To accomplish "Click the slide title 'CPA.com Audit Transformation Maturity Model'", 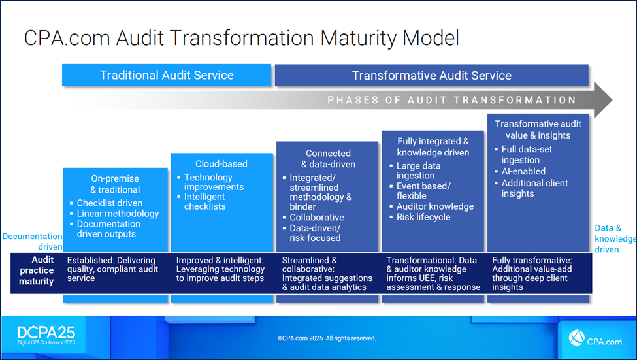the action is pyautogui.click(x=241, y=38).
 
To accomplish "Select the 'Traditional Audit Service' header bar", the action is pyautogui.click(x=167, y=75).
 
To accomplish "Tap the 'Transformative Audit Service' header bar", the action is pyautogui.click(x=431, y=76).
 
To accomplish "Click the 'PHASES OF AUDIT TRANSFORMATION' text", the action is pyautogui.click(x=451, y=100).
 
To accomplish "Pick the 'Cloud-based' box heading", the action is pyautogui.click(x=221, y=164).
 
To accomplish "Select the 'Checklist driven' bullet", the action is pyautogui.click(x=110, y=203).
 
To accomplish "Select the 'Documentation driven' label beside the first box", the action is pyautogui.click(x=33, y=241).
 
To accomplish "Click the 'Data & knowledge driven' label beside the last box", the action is pyautogui.click(x=615, y=239).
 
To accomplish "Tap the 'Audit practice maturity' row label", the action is pyautogui.click(x=37, y=270).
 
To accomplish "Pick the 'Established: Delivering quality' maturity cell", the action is pyautogui.click(x=112, y=269).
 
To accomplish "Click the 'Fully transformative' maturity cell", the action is pyautogui.click(x=532, y=274).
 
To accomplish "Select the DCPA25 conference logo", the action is pyautogui.click(x=46, y=336).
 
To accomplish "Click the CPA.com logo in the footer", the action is pyautogui.click(x=595, y=338).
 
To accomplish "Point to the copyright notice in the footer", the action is pyautogui.click(x=327, y=338).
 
